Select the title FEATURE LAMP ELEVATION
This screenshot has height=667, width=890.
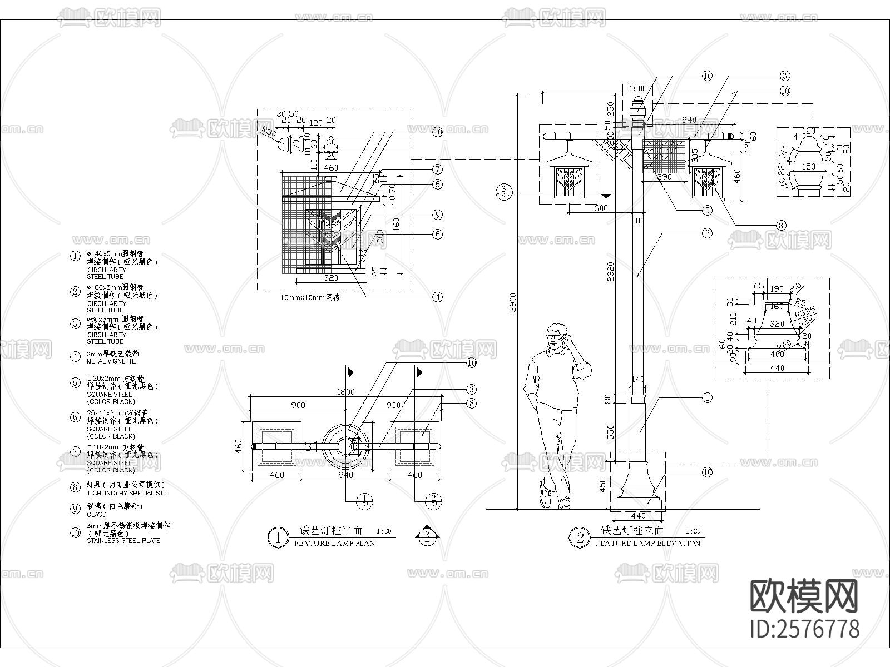click(647, 543)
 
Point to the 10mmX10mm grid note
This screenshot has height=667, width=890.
click(311, 298)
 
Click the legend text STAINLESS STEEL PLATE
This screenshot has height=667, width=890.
click(123, 540)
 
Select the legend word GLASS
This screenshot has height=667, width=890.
click(97, 515)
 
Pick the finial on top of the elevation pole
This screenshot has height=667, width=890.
click(638, 106)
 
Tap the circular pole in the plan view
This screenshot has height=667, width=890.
click(346, 446)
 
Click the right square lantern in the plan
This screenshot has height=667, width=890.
click(415, 446)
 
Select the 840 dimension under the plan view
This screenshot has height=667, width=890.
click(345, 475)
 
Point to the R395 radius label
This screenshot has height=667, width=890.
click(805, 312)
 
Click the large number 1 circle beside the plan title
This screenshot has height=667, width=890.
click(278, 538)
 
